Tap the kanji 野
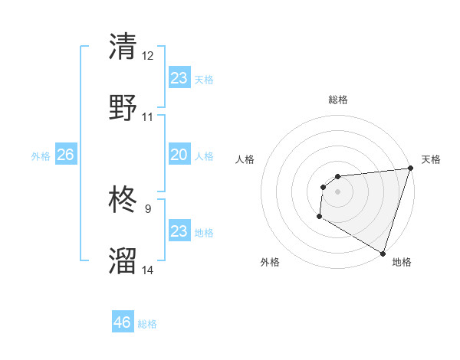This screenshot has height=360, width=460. pyautogui.click(x=123, y=107)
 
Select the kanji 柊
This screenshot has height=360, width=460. pyautogui.click(x=123, y=201)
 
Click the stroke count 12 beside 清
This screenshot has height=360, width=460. pyautogui.click(x=148, y=56)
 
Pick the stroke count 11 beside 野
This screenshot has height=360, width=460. pyautogui.click(x=148, y=117)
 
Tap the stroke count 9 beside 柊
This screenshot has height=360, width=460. pyautogui.click(x=148, y=208)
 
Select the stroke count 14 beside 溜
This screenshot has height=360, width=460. pyautogui.click(x=148, y=270)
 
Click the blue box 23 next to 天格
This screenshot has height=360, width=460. pyautogui.click(x=179, y=77)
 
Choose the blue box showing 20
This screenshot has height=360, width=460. pyautogui.click(x=179, y=155)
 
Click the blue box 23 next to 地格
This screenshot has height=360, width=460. pyautogui.click(x=179, y=231)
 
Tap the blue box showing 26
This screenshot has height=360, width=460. pyautogui.click(x=65, y=155)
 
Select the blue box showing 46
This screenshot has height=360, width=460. pyautogui.click(x=123, y=322)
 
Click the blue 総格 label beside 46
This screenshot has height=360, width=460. pyautogui.click(x=148, y=324)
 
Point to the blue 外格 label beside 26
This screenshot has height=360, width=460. pyautogui.click(x=41, y=156)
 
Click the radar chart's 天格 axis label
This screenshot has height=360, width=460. pyautogui.click(x=431, y=159)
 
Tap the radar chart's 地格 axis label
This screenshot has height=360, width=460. pyautogui.click(x=402, y=263)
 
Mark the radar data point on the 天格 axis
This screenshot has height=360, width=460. pyautogui.click(x=410, y=169)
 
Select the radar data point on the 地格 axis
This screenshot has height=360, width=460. pyautogui.click(x=383, y=253)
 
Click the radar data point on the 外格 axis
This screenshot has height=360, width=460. pyautogui.click(x=319, y=217)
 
